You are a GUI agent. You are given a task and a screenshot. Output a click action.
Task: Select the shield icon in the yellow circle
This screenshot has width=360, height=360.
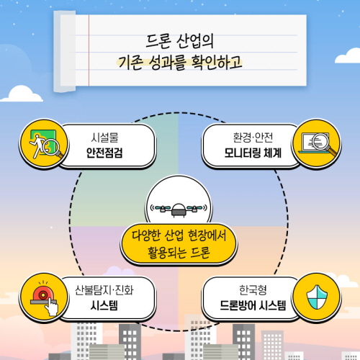[x=317, y=297]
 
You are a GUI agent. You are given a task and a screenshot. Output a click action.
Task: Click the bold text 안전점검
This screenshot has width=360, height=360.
[x=104, y=153]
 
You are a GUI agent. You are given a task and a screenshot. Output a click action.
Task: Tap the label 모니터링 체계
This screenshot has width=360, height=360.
[x=253, y=153]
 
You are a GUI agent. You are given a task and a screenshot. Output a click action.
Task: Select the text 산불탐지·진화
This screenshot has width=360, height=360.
[x=104, y=290]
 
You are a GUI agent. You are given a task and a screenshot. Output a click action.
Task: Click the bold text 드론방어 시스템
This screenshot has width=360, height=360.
[x=253, y=306]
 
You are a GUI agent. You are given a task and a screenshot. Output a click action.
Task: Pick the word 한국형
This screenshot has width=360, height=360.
[x=253, y=290]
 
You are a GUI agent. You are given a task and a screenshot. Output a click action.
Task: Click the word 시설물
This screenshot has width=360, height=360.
[x=104, y=138]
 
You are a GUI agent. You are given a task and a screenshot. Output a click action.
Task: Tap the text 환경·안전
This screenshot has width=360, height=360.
[x=253, y=138]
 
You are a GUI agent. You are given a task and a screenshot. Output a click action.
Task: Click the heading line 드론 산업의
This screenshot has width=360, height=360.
[x=179, y=41]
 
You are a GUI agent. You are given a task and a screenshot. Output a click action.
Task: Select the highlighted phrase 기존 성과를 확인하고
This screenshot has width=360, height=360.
[x=180, y=63]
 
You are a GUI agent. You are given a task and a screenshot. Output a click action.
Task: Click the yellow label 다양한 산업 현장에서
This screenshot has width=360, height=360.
[x=179, y=235]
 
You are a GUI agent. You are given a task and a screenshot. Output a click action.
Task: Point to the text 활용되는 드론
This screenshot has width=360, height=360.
[x=179, y=252]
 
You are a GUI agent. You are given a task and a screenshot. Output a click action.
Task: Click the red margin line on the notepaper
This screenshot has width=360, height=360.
[x=89, y=50]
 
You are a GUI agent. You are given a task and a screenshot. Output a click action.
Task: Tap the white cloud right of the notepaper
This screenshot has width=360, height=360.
[x=348, y=56]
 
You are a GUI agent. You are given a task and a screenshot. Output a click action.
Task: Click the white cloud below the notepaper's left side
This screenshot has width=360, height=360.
[x=22, y=94]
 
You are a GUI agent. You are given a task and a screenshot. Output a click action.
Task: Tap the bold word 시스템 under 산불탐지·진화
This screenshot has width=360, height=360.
[x=104, y=306]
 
